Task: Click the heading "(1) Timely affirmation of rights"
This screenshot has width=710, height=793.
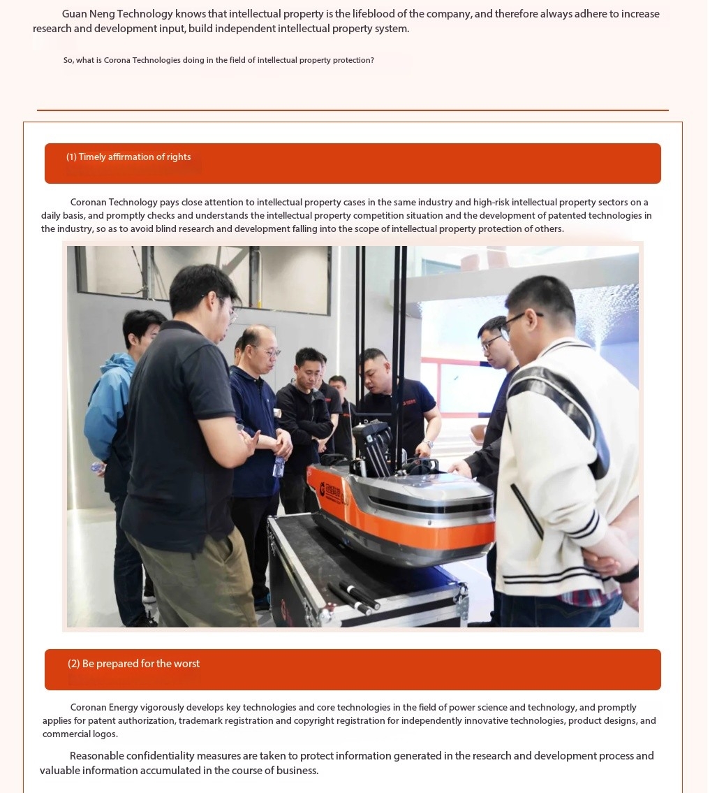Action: click(128, 157)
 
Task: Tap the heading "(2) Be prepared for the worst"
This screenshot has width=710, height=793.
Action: click(133, 664)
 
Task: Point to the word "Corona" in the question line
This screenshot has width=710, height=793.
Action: click(117, 60)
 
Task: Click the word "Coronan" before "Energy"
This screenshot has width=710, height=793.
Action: click(89, 708)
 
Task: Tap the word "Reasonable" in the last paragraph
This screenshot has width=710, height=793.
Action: click(96, 756)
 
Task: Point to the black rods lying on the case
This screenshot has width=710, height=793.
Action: click(354, 596)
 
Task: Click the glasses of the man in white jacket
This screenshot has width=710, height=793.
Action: click(521, 321)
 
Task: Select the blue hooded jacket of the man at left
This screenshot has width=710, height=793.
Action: click(109, 409)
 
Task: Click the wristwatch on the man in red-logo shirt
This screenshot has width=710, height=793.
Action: click(427, 444)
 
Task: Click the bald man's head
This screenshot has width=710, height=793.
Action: click(259, 347)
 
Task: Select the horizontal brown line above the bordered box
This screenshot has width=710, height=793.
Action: click(353, 110)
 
